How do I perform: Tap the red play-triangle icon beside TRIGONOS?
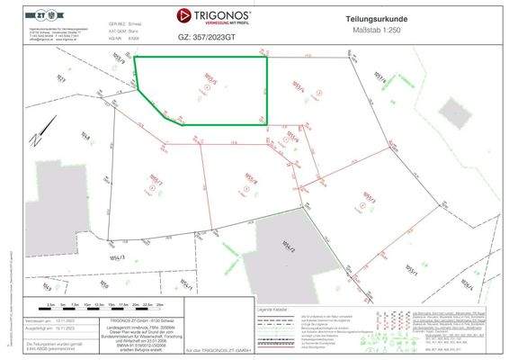pos(184,16)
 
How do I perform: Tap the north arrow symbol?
pos(34,139)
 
